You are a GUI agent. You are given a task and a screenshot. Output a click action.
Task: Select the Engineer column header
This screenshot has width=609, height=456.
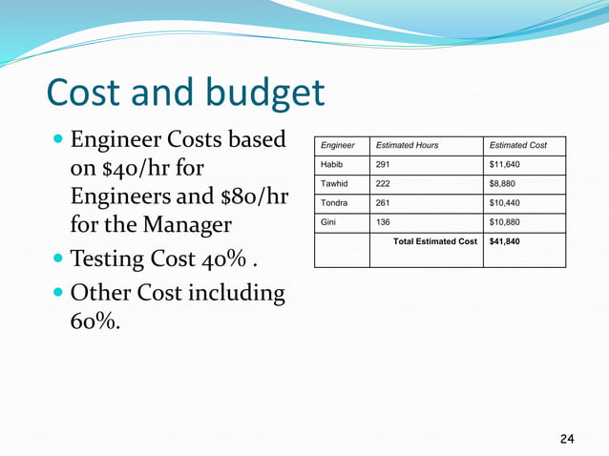coord(338,145)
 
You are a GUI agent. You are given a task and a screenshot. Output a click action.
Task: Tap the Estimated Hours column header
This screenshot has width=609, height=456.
coord(408,145)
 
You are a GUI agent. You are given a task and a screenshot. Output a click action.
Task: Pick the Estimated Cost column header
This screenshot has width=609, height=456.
coord(518,145)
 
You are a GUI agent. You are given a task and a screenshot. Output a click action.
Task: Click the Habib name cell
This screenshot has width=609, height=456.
coord(332,164)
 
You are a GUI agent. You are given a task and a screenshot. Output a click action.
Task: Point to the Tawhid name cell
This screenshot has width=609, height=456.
coord(335,184)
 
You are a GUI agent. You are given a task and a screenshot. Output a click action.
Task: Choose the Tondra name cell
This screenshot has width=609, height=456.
coord(335,203)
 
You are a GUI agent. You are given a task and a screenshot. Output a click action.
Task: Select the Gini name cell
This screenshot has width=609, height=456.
coord(328,222)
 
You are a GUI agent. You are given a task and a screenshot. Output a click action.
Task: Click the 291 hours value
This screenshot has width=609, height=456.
coord(383,164)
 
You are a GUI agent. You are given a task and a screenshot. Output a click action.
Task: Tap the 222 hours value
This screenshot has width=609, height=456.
coord(383,184)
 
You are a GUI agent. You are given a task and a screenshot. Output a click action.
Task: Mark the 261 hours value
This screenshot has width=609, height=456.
coord(383,203)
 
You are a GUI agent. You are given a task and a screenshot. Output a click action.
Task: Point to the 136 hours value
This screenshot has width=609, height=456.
coord(383,222)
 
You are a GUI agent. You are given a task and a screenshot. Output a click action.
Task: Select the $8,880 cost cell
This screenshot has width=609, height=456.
coord(503,184)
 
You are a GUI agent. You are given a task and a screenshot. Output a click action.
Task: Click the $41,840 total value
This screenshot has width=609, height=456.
coord(506,241)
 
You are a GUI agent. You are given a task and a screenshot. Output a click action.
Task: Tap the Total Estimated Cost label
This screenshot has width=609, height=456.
coord(434,241)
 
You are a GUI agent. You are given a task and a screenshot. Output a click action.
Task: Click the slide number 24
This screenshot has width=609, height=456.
coord(567,439)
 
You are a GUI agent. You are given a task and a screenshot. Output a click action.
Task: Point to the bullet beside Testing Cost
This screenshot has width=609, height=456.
coord(59,260)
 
